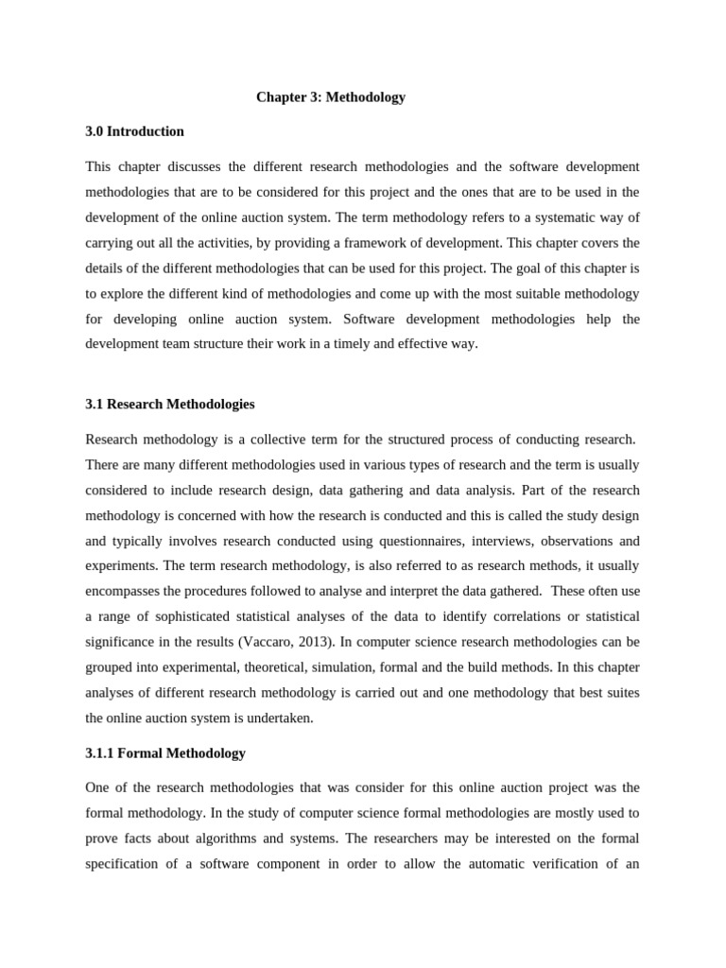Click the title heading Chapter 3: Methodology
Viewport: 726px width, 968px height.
click(x=331, y=97)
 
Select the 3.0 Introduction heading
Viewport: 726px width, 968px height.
click(x=134, y=131)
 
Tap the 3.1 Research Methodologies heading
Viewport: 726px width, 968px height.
click(x=170, y=404)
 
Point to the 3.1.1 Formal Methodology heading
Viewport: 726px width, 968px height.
click(x=165, y=752)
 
